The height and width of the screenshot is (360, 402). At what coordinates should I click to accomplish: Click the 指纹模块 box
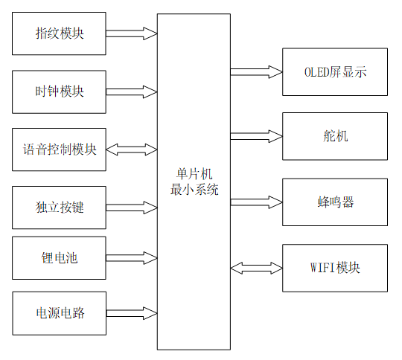[60, 34]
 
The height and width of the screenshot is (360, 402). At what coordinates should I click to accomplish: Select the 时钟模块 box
[60, 91]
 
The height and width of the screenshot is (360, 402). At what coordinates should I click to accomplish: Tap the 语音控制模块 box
[60, 149]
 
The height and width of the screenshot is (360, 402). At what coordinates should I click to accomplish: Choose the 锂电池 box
[60, 258]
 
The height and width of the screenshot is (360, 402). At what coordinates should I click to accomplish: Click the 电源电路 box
[60, 312]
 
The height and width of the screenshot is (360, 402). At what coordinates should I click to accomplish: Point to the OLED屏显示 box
[335, 72]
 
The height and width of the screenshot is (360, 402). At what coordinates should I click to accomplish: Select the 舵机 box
[335, 136]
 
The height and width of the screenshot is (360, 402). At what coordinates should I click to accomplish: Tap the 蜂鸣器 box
[335, 202]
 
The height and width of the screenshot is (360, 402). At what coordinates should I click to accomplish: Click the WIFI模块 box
[335, 267]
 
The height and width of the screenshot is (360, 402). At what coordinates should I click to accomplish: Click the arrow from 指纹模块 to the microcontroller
[131, 33]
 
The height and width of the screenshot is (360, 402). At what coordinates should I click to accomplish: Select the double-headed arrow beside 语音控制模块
[131, 150]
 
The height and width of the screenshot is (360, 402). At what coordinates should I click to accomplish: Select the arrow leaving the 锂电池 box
[131, 258]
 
